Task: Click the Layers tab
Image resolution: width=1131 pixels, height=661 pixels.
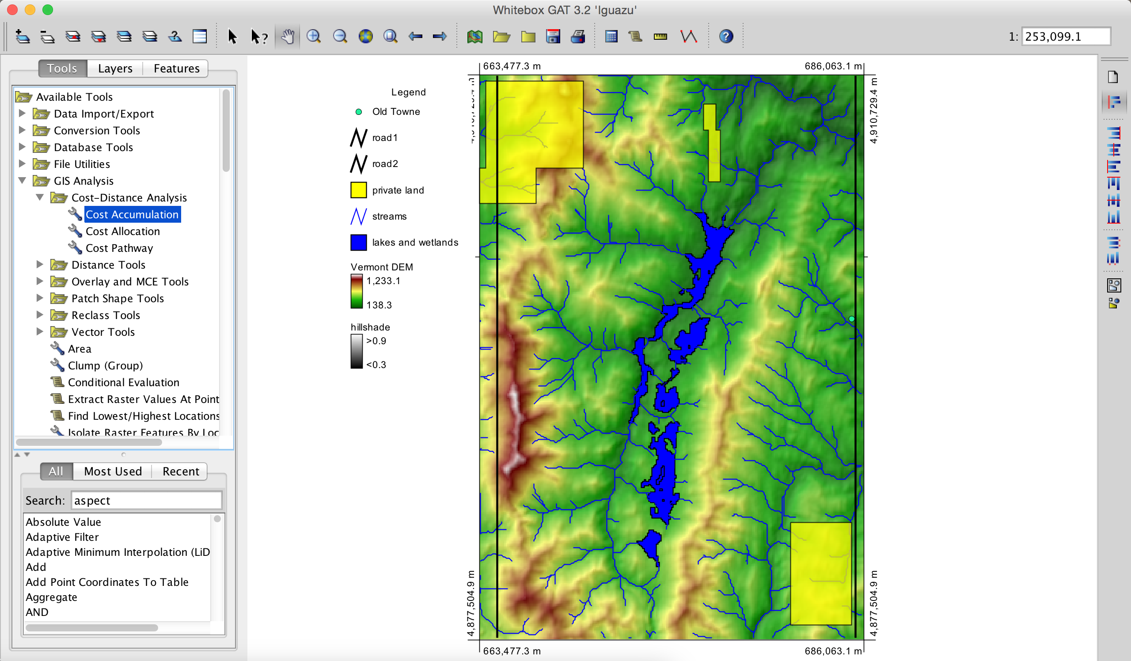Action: coord(115,68)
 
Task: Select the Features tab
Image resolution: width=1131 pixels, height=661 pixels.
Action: coord(176,68)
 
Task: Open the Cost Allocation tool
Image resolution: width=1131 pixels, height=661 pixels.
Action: coord(122,231)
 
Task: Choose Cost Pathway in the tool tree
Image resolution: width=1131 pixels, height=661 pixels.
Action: coord(119,248)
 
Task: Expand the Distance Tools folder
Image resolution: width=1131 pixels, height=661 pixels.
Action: coord(40,265)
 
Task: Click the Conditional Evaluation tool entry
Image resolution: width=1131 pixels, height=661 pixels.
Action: coord(123,382)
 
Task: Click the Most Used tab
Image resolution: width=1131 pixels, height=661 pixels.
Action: coord(113,471)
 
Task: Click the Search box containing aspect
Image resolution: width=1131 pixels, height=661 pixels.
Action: coord(146,500)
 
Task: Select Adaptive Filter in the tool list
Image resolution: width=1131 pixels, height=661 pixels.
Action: coord(62,537)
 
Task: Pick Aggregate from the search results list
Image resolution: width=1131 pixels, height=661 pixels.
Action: coord(51,597)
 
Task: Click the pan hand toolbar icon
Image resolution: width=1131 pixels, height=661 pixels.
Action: coord(288,36)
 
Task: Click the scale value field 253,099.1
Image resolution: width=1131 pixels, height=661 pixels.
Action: coord(1065,36)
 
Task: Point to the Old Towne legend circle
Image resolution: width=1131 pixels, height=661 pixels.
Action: coord(359,112)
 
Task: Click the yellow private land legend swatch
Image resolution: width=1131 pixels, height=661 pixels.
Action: coord(359,190)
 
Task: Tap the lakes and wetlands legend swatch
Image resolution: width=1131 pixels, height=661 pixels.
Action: coord(359,242)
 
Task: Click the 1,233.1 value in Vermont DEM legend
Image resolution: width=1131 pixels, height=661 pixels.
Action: coord(383,281)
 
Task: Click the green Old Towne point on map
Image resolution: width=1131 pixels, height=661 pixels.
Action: coord(851,319)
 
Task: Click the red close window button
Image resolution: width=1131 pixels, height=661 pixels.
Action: coord(12,9)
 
